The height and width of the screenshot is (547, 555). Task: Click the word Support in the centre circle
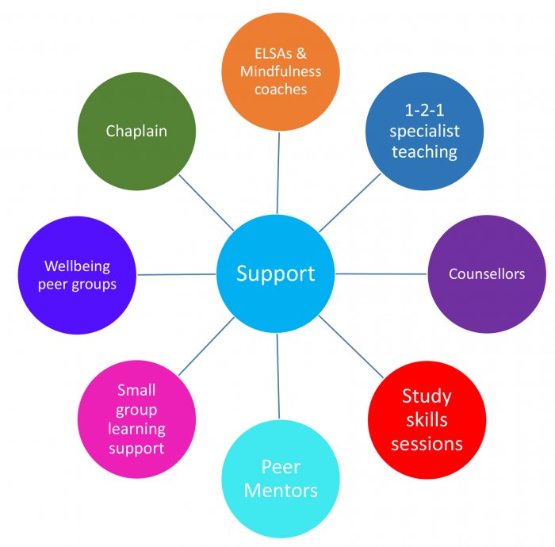[276, 273]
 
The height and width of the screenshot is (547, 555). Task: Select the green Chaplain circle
[136, 132]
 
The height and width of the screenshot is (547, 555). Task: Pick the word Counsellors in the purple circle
[487, 274]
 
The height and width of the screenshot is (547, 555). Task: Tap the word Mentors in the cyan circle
[281, 491]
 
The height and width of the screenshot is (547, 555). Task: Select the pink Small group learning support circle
[136, 419]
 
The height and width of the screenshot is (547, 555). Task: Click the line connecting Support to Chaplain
[205, 201]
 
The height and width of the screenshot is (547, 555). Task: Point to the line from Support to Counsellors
[381, 273]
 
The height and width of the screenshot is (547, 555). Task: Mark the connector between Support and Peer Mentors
[277, 377]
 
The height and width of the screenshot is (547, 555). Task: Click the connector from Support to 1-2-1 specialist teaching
[349, 202]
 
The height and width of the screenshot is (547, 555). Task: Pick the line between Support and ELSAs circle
[278, 170]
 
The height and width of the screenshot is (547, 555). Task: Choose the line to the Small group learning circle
[206, 346]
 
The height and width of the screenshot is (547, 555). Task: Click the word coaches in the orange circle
[281, 89]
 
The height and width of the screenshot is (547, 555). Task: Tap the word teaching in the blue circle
[424, 151]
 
